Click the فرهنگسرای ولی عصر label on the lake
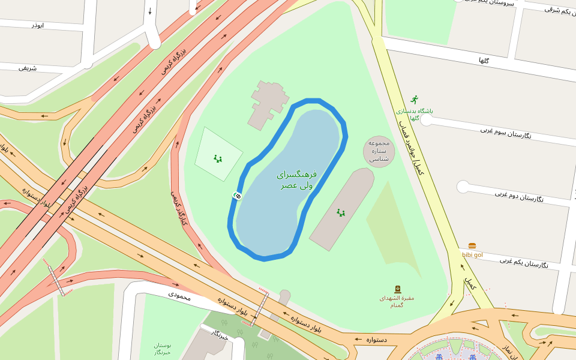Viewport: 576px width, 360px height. (x=296, y=180)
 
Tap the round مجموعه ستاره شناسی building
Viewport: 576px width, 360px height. (x=379, y=151)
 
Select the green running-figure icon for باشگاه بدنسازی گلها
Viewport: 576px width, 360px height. (x=414, y=100)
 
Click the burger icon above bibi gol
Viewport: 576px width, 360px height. (x=472, y=246)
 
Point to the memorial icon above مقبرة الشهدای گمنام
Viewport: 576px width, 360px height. (x=397, y=289)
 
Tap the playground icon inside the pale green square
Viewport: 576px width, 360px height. (x=218, y=159)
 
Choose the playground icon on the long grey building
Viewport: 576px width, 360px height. (x=341, y=212)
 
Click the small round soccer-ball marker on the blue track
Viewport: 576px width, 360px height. (x=238, y=196)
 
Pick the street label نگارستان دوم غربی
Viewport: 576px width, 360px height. (x=519, y=196)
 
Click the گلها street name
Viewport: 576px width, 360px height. (x=484, y=61)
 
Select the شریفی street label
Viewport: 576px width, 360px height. (x=28, y=68)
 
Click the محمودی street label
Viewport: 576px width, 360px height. (x=179, y=295)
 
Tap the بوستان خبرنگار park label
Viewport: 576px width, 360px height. (x=162, y=349)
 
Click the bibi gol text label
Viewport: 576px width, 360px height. (x=472, y=255)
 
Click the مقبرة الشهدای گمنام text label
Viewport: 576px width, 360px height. (x=397, y=301)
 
